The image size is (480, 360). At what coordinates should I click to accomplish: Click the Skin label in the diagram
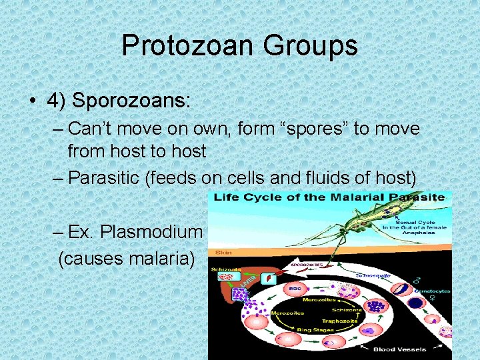pyautogui.click(x=223, y=253)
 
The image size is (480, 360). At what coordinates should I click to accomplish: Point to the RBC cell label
pyautogui.click(x=294, y=289)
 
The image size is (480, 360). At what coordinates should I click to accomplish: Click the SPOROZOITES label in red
pyautogui.click(x=308, y=265)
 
